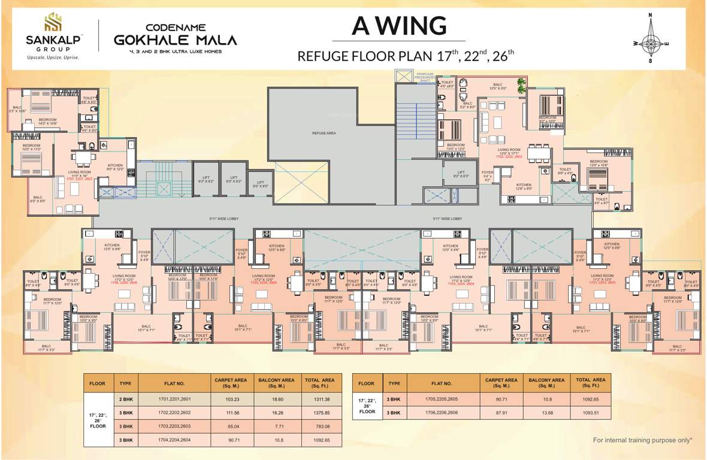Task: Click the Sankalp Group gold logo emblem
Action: [x=52, y=22]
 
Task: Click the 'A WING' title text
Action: [x=399, y=26]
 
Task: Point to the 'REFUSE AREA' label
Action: [x=324, y=132]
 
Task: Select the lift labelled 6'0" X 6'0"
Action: [x=260, y=186]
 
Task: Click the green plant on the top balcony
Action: [x=522, y=85]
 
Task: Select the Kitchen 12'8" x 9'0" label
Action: [x=523, y=187]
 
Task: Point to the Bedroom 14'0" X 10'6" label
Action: [x=48, y=121]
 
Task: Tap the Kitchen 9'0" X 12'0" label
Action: [x=115, y=167]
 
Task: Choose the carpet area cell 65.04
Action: [x=230, y=426]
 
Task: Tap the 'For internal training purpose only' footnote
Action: [x=642, y=440]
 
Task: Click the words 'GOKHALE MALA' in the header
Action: [x=175, y=40]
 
